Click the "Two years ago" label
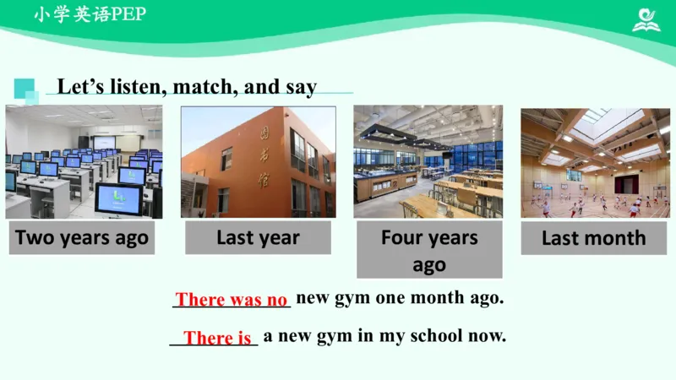82,238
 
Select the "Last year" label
258,238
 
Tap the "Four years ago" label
429,251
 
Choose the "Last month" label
593,238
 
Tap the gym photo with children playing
595,162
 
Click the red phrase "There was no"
232,300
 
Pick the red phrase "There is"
217,338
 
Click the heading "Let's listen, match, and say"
187,86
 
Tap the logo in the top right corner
647,19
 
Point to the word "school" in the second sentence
435,335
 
